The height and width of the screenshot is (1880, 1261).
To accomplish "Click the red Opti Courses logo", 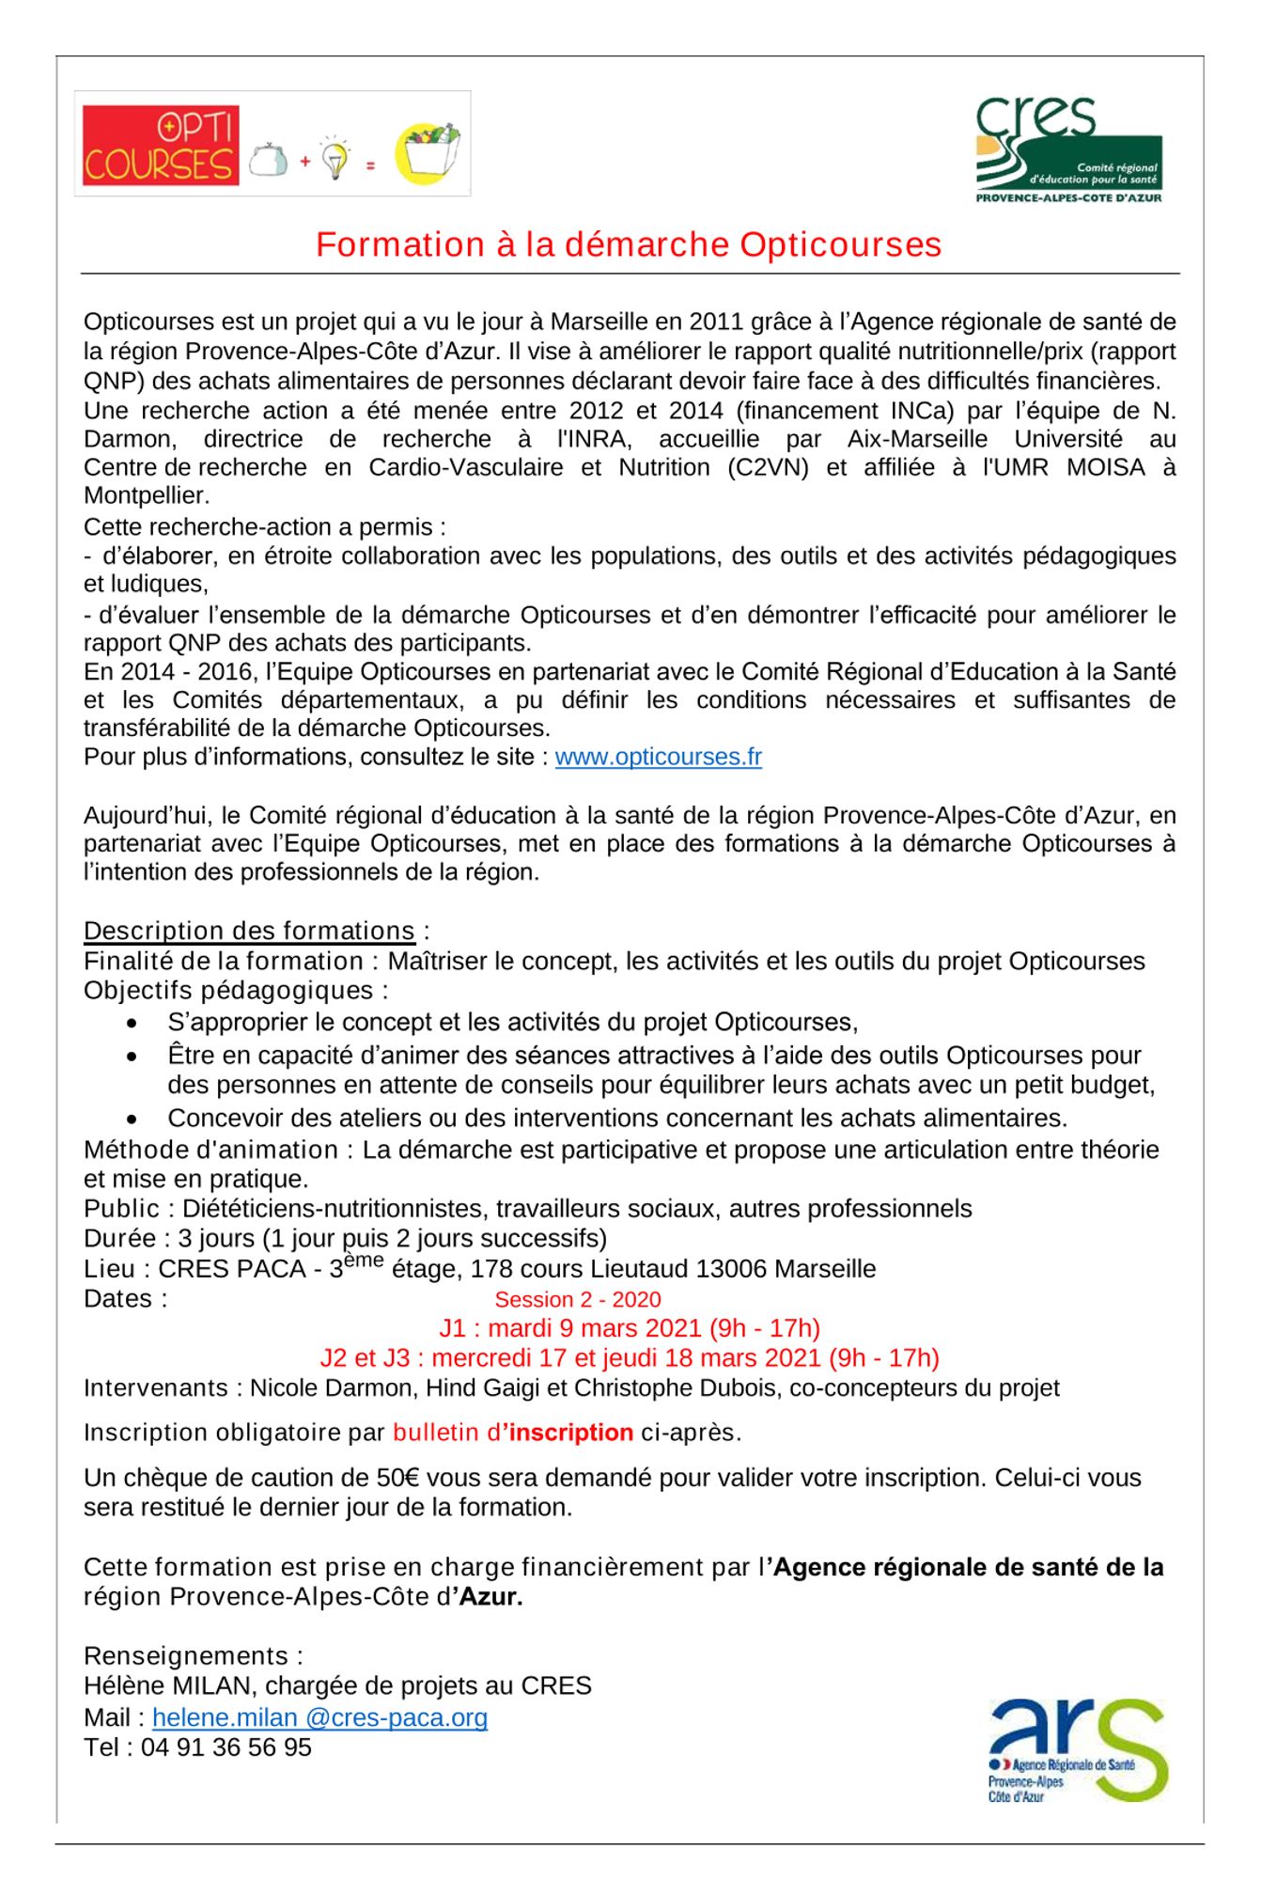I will (x=160, y=145).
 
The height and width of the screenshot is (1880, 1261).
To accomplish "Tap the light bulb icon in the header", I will (x=335, y=158).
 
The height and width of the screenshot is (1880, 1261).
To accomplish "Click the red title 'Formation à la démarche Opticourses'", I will (x=629, y=244).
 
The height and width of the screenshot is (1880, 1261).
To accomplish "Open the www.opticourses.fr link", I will (x=658, y=757).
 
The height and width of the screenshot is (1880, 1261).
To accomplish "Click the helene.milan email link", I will (x=319, y=1717).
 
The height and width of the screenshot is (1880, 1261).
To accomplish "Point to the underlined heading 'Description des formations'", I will (x=249, y=931).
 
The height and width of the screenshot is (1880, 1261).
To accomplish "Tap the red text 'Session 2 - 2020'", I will (x=577, y=1299).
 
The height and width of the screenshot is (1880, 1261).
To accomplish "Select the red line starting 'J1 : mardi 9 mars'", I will (x=629, y=1328).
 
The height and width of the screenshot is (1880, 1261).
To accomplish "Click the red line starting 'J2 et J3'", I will (x=629, y=1357).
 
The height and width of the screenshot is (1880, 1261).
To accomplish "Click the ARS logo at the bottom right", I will (x=1077, y=1749).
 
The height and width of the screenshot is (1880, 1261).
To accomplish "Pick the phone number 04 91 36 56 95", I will (x=226, y=1747).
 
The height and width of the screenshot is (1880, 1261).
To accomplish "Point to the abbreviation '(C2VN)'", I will (x=768, y=467).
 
